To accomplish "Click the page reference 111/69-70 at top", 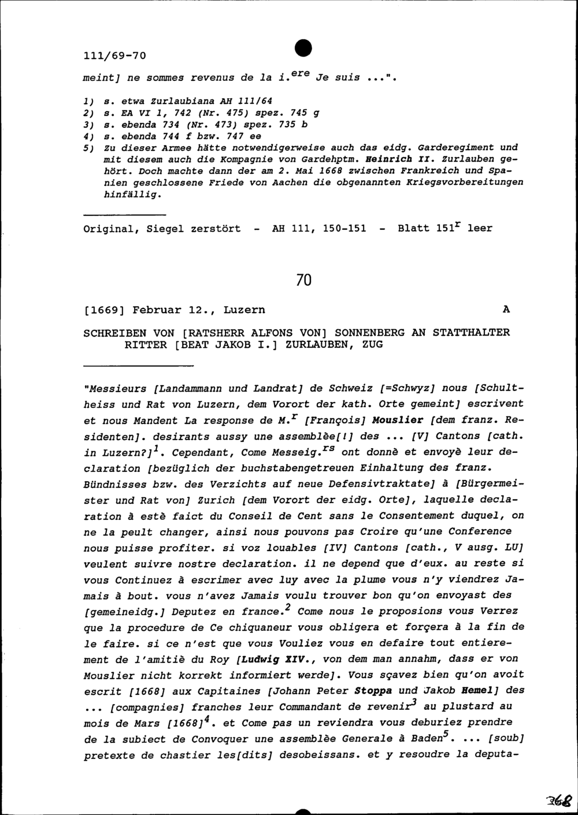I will coord(115,56).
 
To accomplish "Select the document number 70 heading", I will coord(303,280).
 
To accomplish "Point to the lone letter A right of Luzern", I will coord(506,310).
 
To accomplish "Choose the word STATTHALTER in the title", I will coord(472,332).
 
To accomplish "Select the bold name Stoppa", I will coord(373,690).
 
